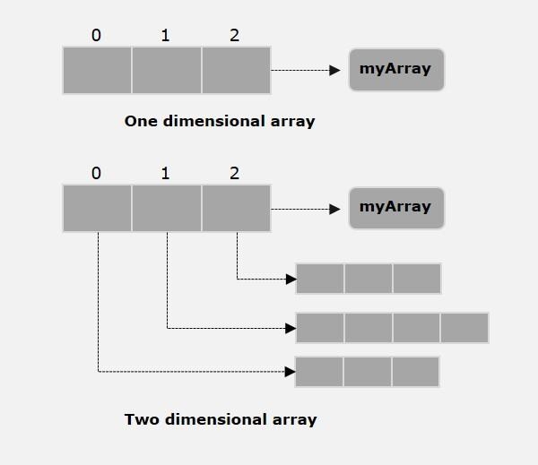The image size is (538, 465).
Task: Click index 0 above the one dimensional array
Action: tap(97, 36)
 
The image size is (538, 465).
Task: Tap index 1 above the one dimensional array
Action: tap(166, 36)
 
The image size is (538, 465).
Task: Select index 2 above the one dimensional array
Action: tap(235, 36)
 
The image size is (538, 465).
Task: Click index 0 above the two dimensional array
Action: tap(97, 173)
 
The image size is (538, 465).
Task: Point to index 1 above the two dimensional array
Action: tap(166, 173)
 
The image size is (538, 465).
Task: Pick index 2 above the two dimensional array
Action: tap(235, 173)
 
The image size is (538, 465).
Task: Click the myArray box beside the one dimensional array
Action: tap(395, 69)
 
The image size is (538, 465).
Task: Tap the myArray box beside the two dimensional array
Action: tap(395, 207)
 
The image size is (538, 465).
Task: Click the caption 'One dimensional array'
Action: tap(220, 121)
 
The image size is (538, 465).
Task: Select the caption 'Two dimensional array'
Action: tap(221, 418)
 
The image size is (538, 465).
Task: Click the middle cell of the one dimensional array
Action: tap(167, 70)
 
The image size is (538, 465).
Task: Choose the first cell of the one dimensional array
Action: tap(97, 70)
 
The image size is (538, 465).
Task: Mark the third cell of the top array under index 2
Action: tap(236, 70)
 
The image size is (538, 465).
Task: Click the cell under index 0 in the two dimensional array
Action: tap(97, 208)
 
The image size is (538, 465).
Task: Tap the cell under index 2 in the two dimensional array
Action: tap(236, 208)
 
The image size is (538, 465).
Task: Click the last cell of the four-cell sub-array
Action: tap(464, 328)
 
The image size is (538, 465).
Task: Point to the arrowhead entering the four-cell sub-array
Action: tap(291, 328)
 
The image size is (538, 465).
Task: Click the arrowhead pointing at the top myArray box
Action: tap(334, 70)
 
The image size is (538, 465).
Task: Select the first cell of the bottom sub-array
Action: tap(319, 371)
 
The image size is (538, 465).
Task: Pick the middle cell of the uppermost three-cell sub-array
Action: tap(368, 279)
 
